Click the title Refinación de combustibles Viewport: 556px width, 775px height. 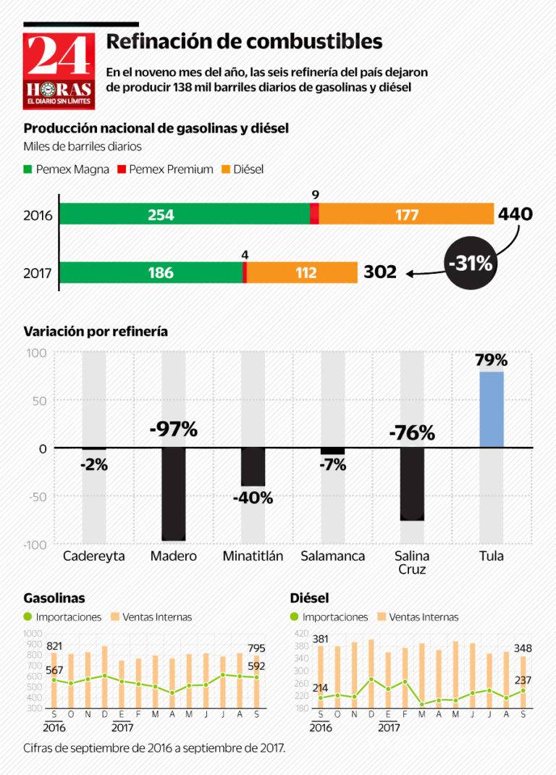click(x=244, y=41)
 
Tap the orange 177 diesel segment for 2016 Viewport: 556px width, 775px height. click(x=405, y=214)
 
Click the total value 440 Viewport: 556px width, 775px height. click(x=515, y=214)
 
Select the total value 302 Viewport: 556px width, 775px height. click(x=380, y=272)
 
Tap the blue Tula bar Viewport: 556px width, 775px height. click(x=492, y=409)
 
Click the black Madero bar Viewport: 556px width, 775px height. click(x=174, y=494)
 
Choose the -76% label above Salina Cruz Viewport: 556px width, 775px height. click(x=412, y=433)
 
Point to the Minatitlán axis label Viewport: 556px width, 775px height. click(x=253, y=556)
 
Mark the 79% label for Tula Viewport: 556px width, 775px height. click(x=492, y=360)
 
